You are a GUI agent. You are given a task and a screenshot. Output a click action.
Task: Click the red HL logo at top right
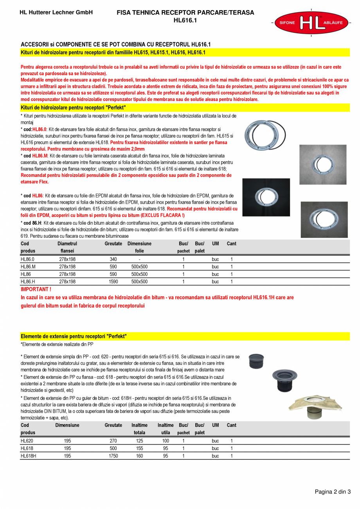311,23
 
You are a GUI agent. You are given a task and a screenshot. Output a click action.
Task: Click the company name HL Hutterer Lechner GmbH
56,13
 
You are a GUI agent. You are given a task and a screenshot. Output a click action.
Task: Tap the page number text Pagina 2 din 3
333,492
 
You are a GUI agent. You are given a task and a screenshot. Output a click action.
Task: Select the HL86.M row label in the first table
28,267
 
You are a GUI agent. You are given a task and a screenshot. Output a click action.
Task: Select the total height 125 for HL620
139,441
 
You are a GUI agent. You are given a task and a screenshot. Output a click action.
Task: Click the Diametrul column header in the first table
67,244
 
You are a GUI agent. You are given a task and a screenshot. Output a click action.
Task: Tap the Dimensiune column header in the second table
67,425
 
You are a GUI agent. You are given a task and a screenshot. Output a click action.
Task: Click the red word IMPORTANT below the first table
36,289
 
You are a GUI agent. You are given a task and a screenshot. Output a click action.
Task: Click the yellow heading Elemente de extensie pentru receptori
74,336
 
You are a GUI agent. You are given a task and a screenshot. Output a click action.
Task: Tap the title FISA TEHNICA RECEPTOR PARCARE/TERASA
185,13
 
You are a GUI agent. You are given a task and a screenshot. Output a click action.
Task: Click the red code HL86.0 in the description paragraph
39,129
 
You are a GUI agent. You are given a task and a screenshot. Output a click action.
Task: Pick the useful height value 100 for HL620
166,441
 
